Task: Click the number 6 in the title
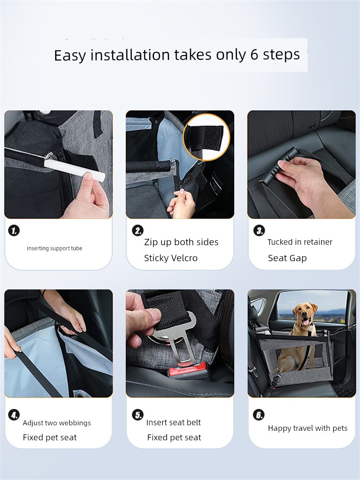pos(254,55)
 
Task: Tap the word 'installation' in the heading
pos(130,55)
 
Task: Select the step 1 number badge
pos(14,231)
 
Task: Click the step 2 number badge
pos(138,231)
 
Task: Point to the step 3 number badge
pos(259,231)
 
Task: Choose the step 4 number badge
pos(14,415)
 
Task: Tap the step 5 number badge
pos(138,415)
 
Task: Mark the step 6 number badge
pos(259,415)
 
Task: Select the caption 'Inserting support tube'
pos(55,248)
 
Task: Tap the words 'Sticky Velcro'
pos(171,258)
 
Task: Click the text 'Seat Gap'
pos(287,258)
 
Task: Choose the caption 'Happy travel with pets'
pos(308,428)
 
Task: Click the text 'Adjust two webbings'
pos(57,423)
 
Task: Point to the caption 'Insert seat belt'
pos(174,423)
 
